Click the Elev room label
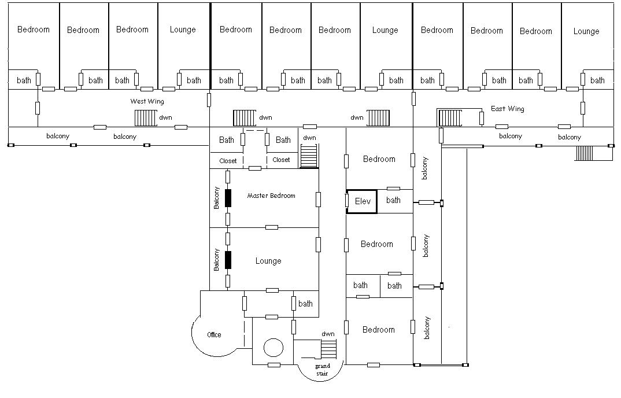click(363, 201)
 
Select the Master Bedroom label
click(271, 196)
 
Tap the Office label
click(214, 335)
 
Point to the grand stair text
click(323, 370)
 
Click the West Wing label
click(147, 101)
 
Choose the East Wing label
click(507, 109)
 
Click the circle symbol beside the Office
click(273, 348)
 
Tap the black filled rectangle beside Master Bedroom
click(228, 198)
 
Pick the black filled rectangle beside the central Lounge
click(228, 260)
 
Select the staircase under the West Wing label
click(146, 118)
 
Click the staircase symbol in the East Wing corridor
click(450, 118)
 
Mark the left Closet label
click(228, 161)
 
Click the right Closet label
click(281, 160)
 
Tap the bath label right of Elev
click(393, 200)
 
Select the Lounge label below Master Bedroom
click(268, 261)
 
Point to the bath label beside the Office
click(305, 304)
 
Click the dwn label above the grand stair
click(328, 334)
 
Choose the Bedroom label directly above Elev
click(379, 159)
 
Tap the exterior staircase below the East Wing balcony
click(584, 153)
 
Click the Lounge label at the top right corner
click(586, 31)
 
